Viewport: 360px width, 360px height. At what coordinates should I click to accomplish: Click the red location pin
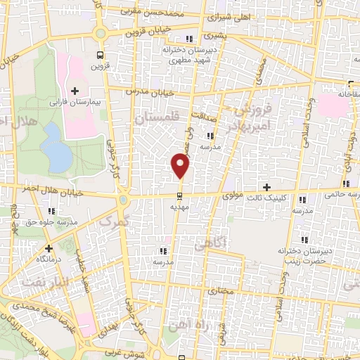pyautogui.click(x=181, y=166)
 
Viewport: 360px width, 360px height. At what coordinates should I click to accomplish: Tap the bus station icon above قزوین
pyautogui.click(x=100, y=54)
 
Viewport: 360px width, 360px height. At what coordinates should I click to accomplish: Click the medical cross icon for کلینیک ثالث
pyautogui.click(x=266, y=186)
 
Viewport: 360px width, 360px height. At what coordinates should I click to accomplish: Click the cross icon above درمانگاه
pyautogui.click(x=48, y=248)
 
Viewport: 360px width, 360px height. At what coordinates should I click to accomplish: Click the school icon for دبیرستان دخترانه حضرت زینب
pyautogui.click(x=302, y=240)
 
